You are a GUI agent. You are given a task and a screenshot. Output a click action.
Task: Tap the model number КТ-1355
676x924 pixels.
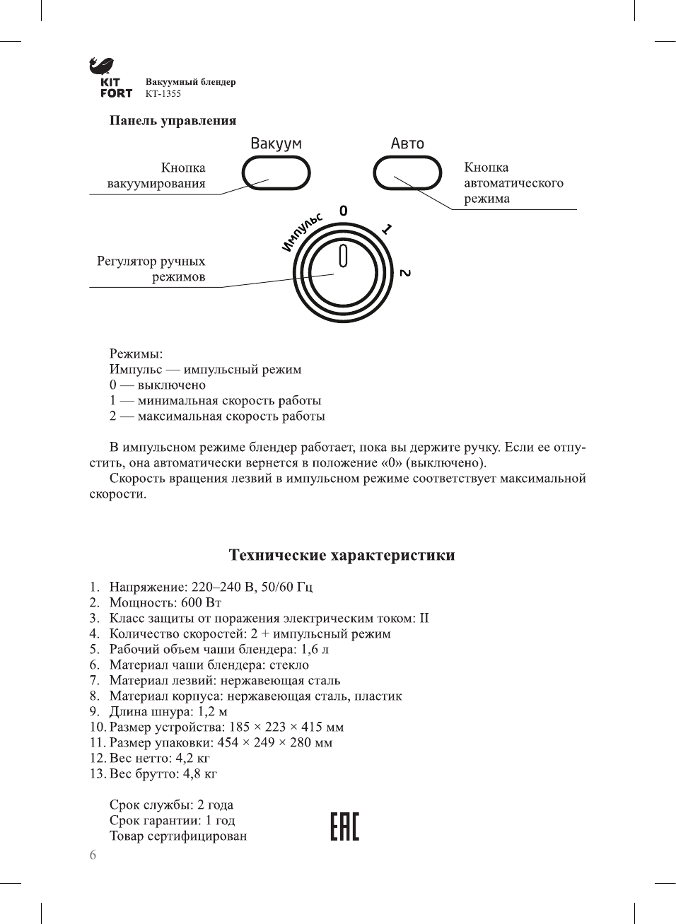pyautogui.click(x=163, y=93)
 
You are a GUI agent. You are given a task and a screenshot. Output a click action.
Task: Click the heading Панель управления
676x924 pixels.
pyautogui.click(x=173, y=120)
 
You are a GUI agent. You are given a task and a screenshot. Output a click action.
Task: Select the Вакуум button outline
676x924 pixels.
pyautogui.click(x=276, y=173)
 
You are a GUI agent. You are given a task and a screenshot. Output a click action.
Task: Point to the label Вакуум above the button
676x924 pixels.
pyautogui.click(x=276, y=144)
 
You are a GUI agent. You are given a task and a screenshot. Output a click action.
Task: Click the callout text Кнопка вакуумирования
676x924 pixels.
pyautogui.click(x=157, y=175)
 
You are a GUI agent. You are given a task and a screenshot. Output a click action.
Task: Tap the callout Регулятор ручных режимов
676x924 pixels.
pyautogui.click(x=151, y=269)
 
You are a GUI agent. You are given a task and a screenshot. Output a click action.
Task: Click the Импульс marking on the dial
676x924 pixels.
pyautogui.click(x=302, y=231)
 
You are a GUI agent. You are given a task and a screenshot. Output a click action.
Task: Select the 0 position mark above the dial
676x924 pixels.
pyautogui.click(x=344, y=211)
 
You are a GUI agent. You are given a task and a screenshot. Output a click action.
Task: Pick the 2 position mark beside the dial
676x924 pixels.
pyautogui.click(x=404, y=273)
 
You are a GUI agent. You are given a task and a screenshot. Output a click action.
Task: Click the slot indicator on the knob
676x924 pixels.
pyautogui.click(x=343, y=255)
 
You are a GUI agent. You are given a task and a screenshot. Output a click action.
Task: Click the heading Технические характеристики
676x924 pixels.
pyautogui.click(x=342, y=555)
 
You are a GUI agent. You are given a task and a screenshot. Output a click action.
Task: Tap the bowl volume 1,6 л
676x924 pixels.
pyautogui.click(x=315, y=649)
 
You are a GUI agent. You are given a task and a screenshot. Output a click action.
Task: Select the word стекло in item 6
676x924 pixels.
pyautogui.click(x=289, y=665)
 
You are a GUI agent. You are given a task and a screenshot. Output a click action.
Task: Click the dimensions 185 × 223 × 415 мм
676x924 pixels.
pyautogui.click(x=286, y=727)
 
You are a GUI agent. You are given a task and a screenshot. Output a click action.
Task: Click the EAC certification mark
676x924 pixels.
pyautogui.click(x=344, y=826)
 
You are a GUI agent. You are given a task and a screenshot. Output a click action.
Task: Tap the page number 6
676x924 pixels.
pyautogui.click(x=93, y=855)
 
